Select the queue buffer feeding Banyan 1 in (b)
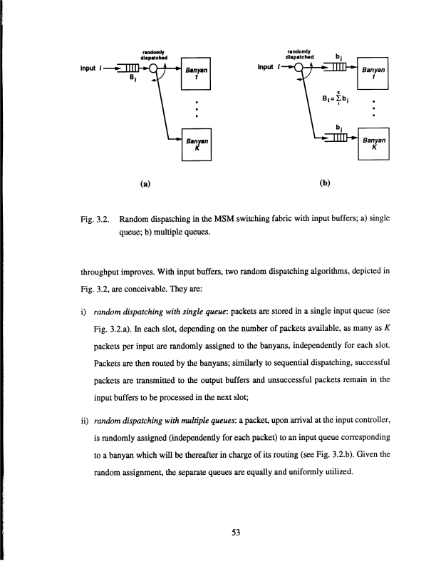click(x=336, y=68)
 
